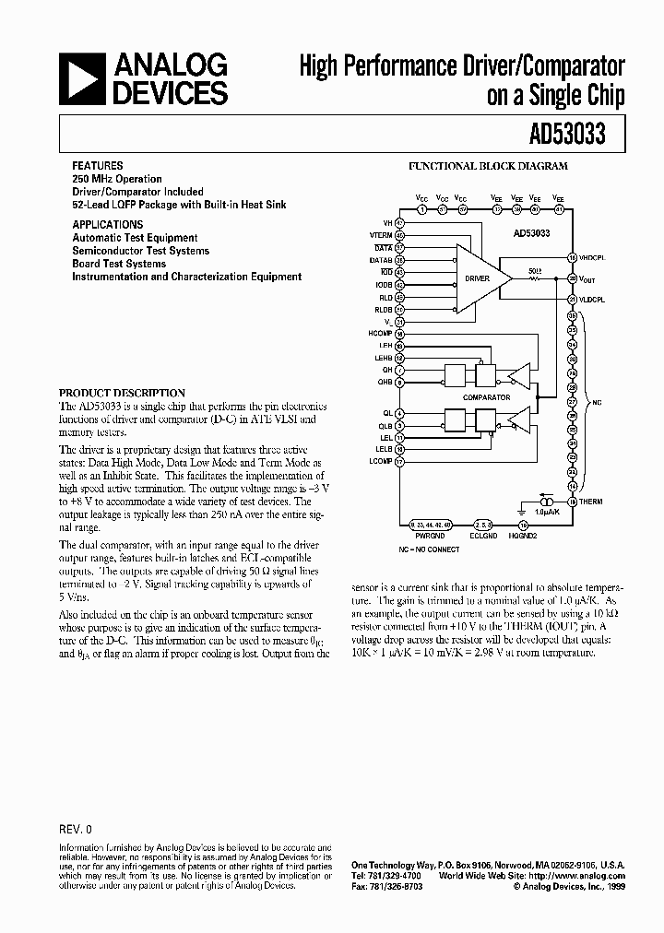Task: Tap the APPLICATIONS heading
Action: point(108,224)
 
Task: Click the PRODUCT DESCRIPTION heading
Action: point(122,392)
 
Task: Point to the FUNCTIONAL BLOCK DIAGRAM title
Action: point(488,167)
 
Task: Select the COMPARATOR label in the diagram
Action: point(487,397)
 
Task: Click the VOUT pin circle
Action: point(573,278)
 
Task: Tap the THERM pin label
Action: point(592,502)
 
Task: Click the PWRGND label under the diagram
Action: point(431,535)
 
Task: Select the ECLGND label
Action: point(483,535)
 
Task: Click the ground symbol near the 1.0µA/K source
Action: point(523,509)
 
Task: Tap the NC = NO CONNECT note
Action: point(430,549)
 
